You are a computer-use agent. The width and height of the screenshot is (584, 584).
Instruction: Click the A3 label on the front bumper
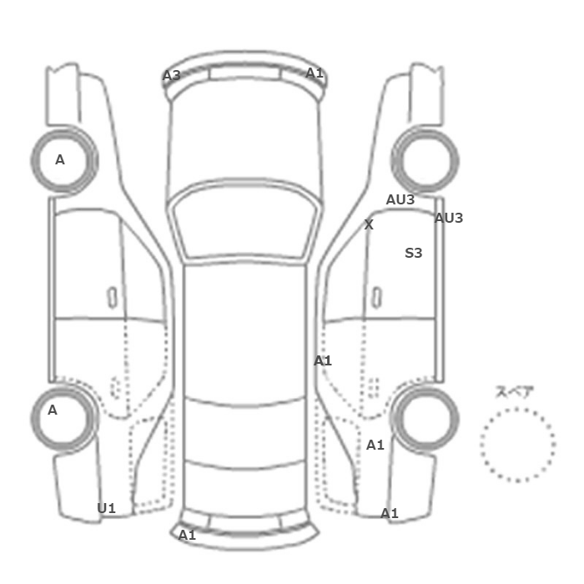coord(172,76)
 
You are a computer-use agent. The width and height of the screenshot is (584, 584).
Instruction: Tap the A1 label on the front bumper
coord(315,73)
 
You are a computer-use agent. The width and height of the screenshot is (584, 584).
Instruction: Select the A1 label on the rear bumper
coord(187,536)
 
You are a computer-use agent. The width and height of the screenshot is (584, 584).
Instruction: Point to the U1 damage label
coord(106,508)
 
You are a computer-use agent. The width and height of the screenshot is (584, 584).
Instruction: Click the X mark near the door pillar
coord(369,224)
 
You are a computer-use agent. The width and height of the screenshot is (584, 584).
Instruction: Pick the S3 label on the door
coord(414,253)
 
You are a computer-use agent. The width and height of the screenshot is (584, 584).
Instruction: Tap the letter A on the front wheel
coord(59,159)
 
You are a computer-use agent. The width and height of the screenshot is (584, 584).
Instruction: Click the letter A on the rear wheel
coord(52,410)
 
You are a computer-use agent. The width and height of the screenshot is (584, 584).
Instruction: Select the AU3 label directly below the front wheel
coord(400,199)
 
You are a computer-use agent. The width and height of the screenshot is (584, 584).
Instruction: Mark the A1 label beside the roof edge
coord(323,360)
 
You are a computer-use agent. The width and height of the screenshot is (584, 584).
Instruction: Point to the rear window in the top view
coord(244,433)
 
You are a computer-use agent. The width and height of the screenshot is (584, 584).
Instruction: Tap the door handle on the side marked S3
coord(377,298)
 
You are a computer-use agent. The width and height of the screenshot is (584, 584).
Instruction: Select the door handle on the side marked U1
coord(112,298)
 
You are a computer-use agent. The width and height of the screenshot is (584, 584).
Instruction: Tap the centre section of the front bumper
coord(244,73)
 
